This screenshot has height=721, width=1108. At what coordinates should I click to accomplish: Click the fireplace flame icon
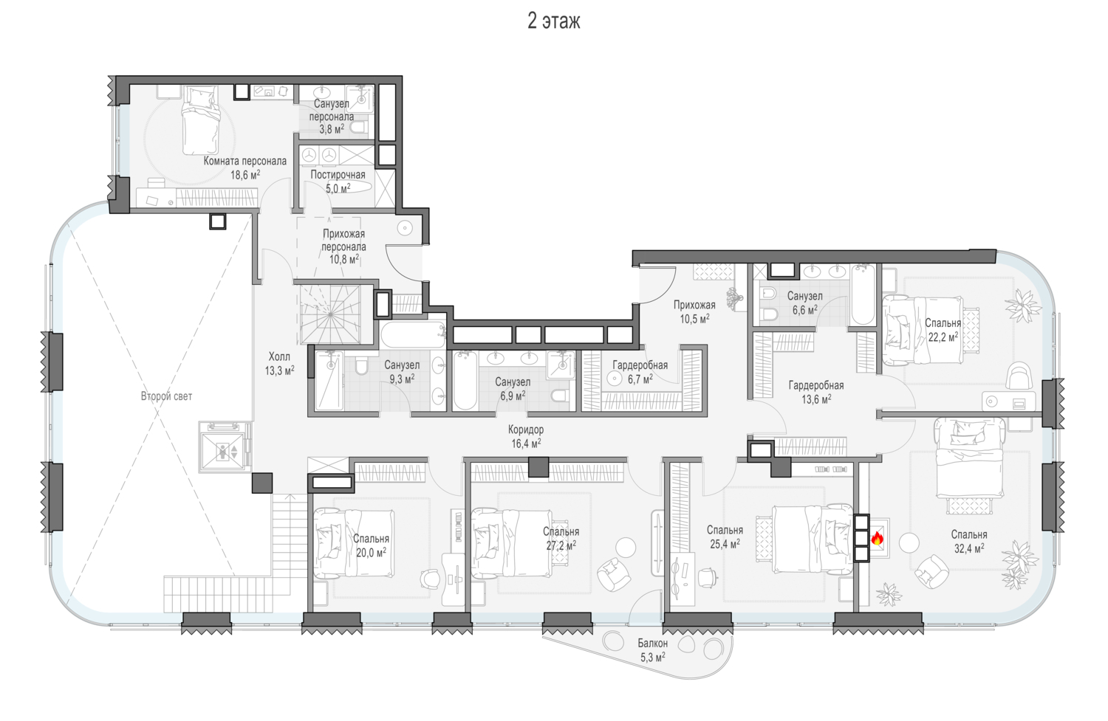[x=878, y=538]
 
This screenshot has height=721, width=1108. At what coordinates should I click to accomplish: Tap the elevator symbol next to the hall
[x=225, y=448]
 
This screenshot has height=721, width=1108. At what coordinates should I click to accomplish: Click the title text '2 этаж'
[x=553, y=21]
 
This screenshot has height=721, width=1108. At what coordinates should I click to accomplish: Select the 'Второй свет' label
[x=166, y=396]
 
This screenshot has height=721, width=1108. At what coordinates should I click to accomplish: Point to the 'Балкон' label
[x=652, y=644]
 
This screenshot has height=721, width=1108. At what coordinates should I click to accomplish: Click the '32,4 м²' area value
[x=969, y=548]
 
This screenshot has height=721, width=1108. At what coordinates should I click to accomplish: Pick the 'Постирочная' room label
[x=338, y=175]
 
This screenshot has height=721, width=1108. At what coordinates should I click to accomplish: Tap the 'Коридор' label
[x=526, y=430]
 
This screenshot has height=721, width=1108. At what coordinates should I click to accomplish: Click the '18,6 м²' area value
[x=245, y=174]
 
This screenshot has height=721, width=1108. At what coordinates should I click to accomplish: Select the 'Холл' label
[x=279, y=356]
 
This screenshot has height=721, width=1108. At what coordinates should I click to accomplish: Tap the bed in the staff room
[x=200, y=120]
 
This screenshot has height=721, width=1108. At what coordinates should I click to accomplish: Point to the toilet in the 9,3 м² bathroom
[x=361, y=366]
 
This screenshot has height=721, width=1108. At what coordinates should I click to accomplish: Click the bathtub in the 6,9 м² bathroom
[x=465, y=381]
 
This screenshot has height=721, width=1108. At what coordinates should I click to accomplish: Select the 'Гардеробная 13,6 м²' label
[x=816, y=393]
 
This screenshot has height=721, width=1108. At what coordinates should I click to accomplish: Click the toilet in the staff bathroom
[x=358, y=128]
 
